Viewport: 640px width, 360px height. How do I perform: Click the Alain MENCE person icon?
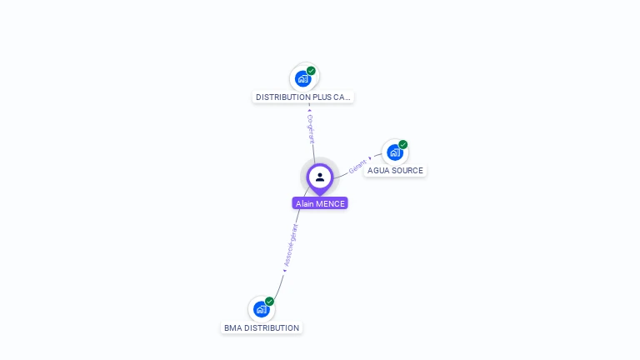click(320, 177)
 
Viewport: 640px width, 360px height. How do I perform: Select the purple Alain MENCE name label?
click(320, 203)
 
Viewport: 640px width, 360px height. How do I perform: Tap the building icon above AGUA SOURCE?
click(395, 152)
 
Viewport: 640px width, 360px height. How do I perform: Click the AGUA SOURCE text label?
click(395, 171)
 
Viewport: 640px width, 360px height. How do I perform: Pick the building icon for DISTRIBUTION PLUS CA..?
click(303, 78)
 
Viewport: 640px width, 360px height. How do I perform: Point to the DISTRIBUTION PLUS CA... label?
click(303, 97)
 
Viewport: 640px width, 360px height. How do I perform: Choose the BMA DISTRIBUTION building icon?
click(262, 309)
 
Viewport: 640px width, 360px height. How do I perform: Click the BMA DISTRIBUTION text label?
click(262, 328)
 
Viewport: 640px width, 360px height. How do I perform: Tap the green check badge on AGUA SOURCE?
click(403, 144)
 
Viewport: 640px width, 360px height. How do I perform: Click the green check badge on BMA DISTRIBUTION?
click(270, 301)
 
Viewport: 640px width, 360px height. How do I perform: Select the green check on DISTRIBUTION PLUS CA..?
click(312, 71)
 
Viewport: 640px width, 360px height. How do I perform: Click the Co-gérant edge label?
click(311, 130)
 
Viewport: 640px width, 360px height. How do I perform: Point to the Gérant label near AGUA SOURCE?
click(357, 165)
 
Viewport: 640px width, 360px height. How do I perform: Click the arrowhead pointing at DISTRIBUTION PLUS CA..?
click(309, 110)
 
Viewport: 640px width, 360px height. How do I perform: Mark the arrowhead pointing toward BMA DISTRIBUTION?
click(284, 271)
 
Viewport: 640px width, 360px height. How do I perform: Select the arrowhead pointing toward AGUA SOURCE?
click(370, 158)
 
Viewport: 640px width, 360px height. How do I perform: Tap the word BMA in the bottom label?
click(232, 328)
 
